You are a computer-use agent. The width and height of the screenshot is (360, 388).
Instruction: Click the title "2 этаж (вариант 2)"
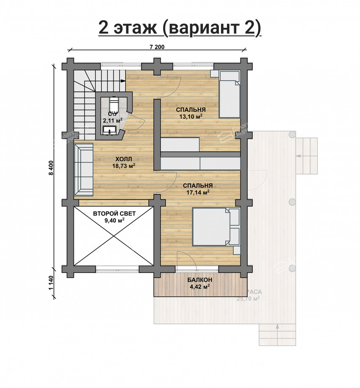coord(180,27)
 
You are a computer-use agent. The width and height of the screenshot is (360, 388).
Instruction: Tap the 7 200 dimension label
coord(157,47)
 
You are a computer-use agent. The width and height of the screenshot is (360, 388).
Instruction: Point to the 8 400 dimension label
coord(51,168)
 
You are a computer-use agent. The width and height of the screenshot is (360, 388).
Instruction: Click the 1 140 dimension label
coord(51,283)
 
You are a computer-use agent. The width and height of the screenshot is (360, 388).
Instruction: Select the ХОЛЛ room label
coord(123,159)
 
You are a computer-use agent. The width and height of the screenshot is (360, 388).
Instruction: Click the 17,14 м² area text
coord(197,192)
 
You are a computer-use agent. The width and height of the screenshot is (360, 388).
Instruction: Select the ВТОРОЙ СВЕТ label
coord(114,214)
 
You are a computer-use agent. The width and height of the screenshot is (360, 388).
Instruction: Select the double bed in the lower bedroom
coord(215,227)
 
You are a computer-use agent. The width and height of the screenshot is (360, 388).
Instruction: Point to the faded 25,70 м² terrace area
coord(248,298)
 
